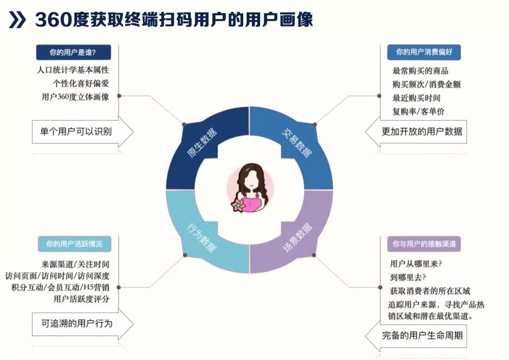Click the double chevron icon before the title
click(17, 20)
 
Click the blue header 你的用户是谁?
click(73, 52)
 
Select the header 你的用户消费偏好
click(423, 52)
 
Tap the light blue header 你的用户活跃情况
click(74, 244)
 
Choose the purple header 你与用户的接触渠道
click(424, 244)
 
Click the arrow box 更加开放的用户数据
click(421, 131)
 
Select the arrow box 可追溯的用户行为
click(77, 323)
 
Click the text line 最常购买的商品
click(420, 71)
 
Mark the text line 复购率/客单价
click(418, 112)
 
